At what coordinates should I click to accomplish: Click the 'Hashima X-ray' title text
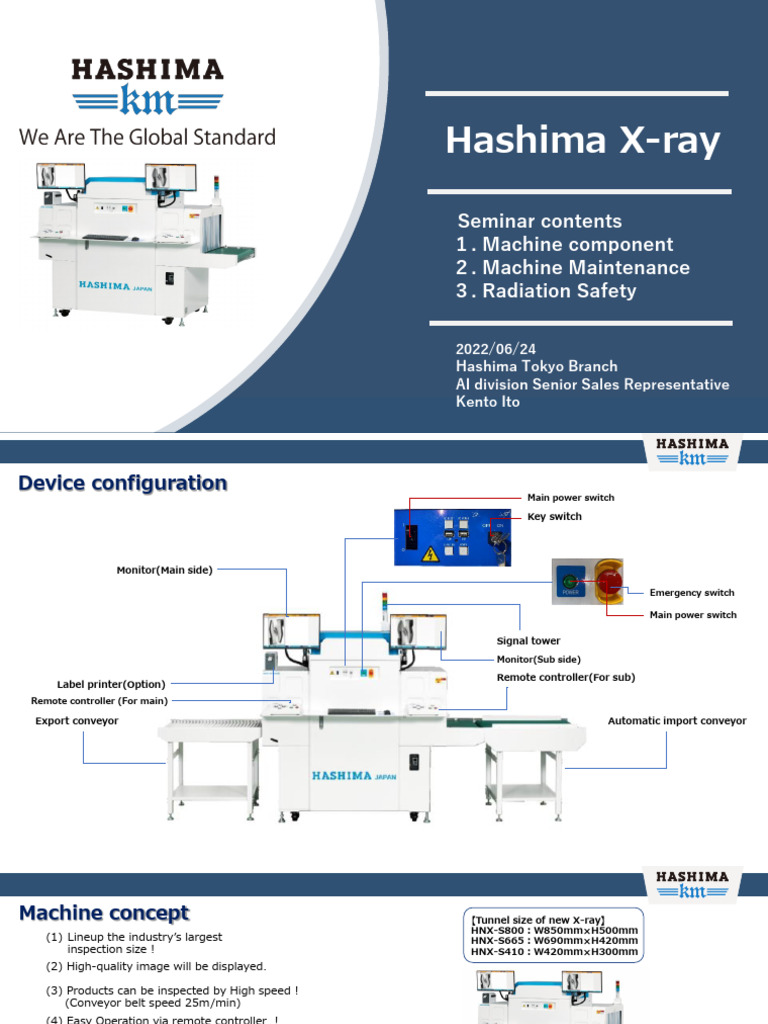[x=582, y=141]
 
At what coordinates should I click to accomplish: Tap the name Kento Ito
[x=487, y=402]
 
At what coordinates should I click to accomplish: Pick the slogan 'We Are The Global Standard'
[x=147, y=137]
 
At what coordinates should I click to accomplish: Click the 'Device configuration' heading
[x=123, y=483]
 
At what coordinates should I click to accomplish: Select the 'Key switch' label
[x=554, y=517]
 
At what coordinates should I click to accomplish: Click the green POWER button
[x=571, y=581]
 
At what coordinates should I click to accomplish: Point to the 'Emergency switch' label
[x=692, y=593]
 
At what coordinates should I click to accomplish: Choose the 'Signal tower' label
[x=528, y=641]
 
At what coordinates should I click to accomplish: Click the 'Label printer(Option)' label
[x=111, y=684]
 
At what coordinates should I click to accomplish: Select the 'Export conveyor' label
[x=77, y=720]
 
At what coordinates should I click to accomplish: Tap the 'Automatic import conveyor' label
[x=677, y=720]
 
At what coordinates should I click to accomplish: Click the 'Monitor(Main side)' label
[x=165, y=569]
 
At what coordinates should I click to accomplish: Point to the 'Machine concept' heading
[x=104, y=913]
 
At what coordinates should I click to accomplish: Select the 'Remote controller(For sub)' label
[x=566, y=677]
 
